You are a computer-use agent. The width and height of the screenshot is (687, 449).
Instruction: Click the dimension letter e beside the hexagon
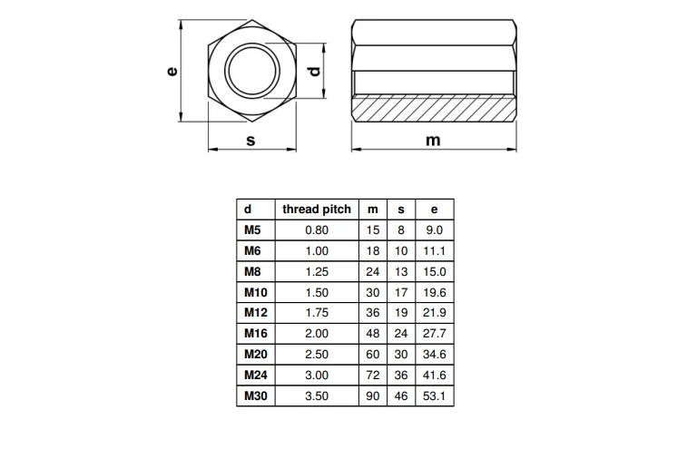[x=172, y=71]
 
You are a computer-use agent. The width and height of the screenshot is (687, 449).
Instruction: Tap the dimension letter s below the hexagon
[x=250, y=141]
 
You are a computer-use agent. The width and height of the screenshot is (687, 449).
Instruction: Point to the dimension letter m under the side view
[x=433, y=141]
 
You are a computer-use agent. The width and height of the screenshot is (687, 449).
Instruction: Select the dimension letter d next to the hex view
[x=315, y=71]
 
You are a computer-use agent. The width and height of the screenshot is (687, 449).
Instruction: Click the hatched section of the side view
[x=434, y=109]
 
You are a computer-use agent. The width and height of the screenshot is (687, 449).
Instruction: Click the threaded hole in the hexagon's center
[x=252, y=71]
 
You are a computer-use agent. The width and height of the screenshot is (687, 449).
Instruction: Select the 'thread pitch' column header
[x=317, y=210]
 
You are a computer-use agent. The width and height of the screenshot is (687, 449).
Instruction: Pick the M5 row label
[x=252, y=230]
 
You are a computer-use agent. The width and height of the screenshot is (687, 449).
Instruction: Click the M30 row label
[x=255, y=396]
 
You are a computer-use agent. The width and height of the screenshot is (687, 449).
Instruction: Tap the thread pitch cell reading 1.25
[x=317, y=271]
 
